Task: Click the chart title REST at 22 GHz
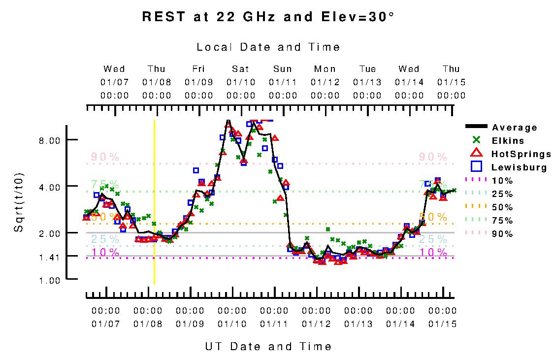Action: [268, 17]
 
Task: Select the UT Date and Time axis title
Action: [268, 347]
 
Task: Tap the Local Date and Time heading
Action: [268, 47]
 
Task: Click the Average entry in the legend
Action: [515, 128]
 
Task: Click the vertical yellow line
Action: [154, 202]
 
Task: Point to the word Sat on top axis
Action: [241, 69]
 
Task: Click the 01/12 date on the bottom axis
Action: [316, 324]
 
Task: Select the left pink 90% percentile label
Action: [105, 157]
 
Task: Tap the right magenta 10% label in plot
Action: [433, 253]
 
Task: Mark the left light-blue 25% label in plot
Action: [105, 239]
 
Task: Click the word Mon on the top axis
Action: [325, 69]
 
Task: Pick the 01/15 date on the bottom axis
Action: [443, 324]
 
